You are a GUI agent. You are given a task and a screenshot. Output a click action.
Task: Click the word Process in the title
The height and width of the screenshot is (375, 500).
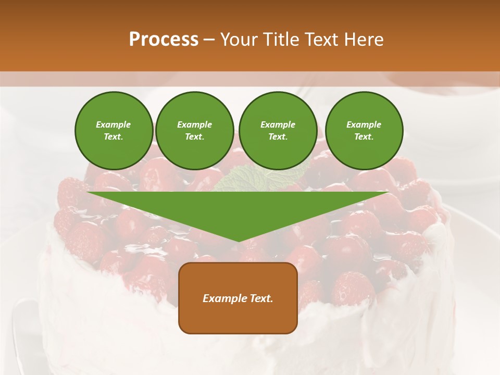pos(164,40)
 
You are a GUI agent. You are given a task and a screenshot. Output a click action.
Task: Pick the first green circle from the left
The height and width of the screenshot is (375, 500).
pos(114,131)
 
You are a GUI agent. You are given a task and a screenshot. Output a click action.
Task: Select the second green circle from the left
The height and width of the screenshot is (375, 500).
pos(194,131)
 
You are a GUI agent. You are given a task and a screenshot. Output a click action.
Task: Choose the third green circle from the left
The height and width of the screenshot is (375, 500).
pos(278,131)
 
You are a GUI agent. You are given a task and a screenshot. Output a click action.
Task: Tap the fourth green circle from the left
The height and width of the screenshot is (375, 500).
pos(364,131)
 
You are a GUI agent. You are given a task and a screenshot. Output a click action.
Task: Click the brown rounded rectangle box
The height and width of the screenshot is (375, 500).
pos(238,297)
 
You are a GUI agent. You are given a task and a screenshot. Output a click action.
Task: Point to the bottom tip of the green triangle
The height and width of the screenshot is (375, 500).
pos(239,241)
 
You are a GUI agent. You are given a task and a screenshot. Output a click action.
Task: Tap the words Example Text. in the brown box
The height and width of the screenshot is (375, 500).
pos(238,298)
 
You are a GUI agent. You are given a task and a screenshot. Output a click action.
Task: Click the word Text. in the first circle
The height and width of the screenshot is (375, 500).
pos(114,137)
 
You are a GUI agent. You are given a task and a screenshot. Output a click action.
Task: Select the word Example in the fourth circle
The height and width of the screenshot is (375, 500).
pos(364,124)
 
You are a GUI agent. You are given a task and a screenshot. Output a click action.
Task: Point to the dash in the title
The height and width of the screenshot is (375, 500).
pos(209,40)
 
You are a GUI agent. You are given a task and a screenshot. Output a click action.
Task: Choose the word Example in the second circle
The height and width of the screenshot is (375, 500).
pos(194,124)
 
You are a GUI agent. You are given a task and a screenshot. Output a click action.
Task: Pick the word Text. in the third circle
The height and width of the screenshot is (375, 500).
pos(278,137)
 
